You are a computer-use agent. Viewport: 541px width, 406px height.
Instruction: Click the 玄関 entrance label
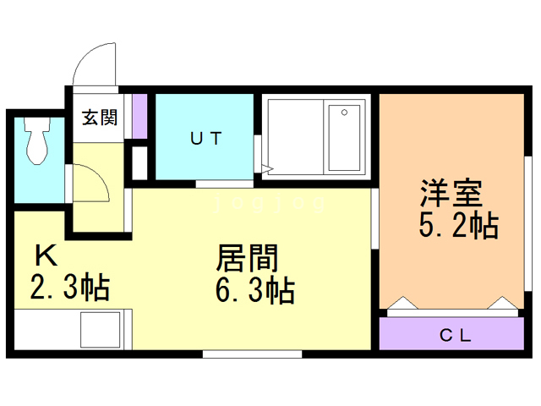click(x=100, y=118)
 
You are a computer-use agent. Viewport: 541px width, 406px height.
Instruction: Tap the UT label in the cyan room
click(x=205, y=139)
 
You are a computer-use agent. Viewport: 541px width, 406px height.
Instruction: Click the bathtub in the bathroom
click(x=344, y=138)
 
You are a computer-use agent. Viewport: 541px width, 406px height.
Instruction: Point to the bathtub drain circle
click(x=344, y=112)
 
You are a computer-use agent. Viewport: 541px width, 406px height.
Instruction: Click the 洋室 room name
click(x=451, y=193)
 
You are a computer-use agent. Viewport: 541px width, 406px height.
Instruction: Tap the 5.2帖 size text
click(x=459, y=225)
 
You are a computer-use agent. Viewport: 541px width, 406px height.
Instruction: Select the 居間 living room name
click(x=247, y=258)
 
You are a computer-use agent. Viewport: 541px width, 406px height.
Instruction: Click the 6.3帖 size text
click(x=255, y=291)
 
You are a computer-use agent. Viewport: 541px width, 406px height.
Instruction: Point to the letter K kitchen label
click(x=46, y=255)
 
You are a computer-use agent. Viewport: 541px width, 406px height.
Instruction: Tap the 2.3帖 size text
click(x=70, y=287)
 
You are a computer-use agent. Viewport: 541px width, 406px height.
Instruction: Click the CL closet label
click(x=456, y=335)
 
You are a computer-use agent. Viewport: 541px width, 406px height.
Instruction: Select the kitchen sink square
click(x=101, y=330)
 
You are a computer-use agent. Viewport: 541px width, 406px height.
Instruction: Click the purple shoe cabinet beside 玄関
click(x=140, y=116)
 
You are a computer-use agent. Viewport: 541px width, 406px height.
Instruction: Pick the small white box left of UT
click(x=139, y=163)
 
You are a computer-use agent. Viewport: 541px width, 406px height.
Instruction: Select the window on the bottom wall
click(x=252, y=354)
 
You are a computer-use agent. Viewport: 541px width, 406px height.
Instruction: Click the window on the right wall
click(x=528, y=223)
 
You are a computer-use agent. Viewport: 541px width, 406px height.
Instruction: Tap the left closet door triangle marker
click(x=402, y=303)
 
